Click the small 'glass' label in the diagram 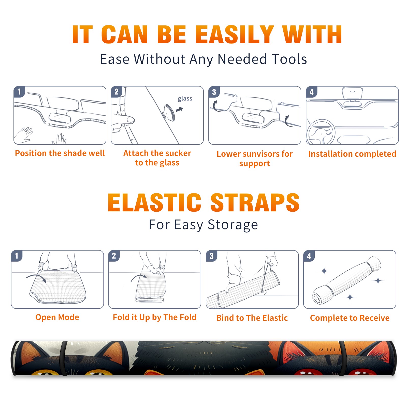[x=185, y=99]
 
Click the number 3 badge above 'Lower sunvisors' [x=214, y=92]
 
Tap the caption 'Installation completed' [x=352, y=154]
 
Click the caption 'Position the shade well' [x=60, y=153]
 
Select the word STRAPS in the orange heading [x=255, y=202]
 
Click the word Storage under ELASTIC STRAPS [x=233, y=225]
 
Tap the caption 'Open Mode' [x=57, y=317]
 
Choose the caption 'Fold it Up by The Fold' [x=155, y=317]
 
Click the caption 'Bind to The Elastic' [x=252, y=318]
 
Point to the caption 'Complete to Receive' [x=350, y=318]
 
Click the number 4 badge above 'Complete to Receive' [x=309, y=256]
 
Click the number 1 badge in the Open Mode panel [x=17, y=256]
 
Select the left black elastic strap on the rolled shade [x=64, y=358]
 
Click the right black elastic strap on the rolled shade [x=343, y=358]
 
